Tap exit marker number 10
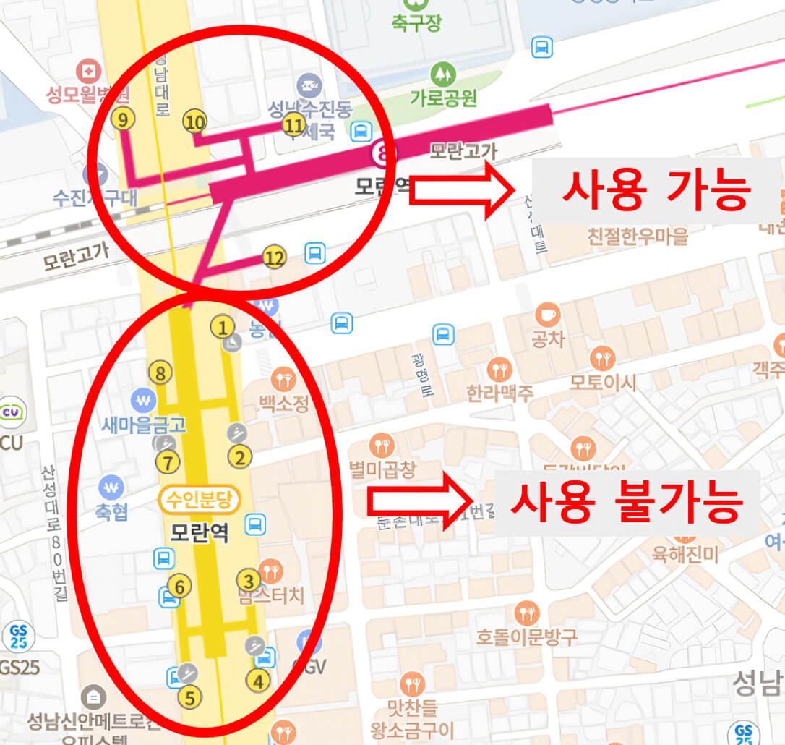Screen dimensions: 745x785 pos(194,122)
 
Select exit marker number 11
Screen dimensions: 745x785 pos(293,125)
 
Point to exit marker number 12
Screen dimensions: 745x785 pos(274,257)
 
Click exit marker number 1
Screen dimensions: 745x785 pos(223,327)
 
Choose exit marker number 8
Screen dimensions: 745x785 pos(160,373)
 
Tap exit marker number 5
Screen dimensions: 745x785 pos(189,698)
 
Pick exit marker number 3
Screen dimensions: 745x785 pos(249,580)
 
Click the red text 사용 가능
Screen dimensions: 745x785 pos(656,190)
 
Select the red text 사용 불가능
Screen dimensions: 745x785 pos(626,499)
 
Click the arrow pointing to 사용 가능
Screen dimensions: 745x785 pos(460,190)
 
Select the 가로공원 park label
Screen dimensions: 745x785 pos(443,97)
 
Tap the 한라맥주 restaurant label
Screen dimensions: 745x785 pos(499,393)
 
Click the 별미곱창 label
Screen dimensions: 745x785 pos(382,470)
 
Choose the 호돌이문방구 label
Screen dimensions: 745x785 pos(527,637)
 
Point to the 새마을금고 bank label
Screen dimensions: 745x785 pos(143,425)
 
